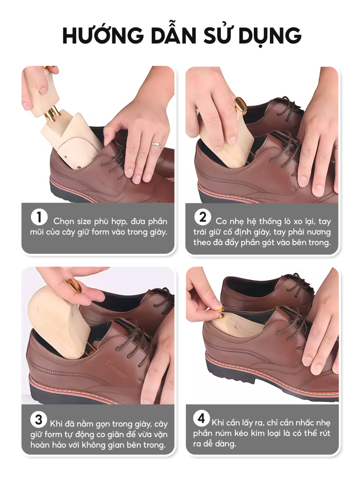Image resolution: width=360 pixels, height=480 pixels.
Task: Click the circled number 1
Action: (39, 217)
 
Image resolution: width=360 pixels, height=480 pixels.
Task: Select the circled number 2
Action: (202, 217)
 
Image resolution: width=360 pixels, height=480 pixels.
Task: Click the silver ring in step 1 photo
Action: (156, 144)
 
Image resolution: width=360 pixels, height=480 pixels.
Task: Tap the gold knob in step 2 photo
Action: (241, 106)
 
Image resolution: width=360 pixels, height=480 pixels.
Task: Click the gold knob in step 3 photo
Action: (74, 286)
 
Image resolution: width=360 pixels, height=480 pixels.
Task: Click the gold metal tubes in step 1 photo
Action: (52, 113)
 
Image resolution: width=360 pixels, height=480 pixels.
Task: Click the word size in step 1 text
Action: (81, 222)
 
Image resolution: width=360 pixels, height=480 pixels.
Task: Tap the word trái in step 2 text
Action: (200, 232)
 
